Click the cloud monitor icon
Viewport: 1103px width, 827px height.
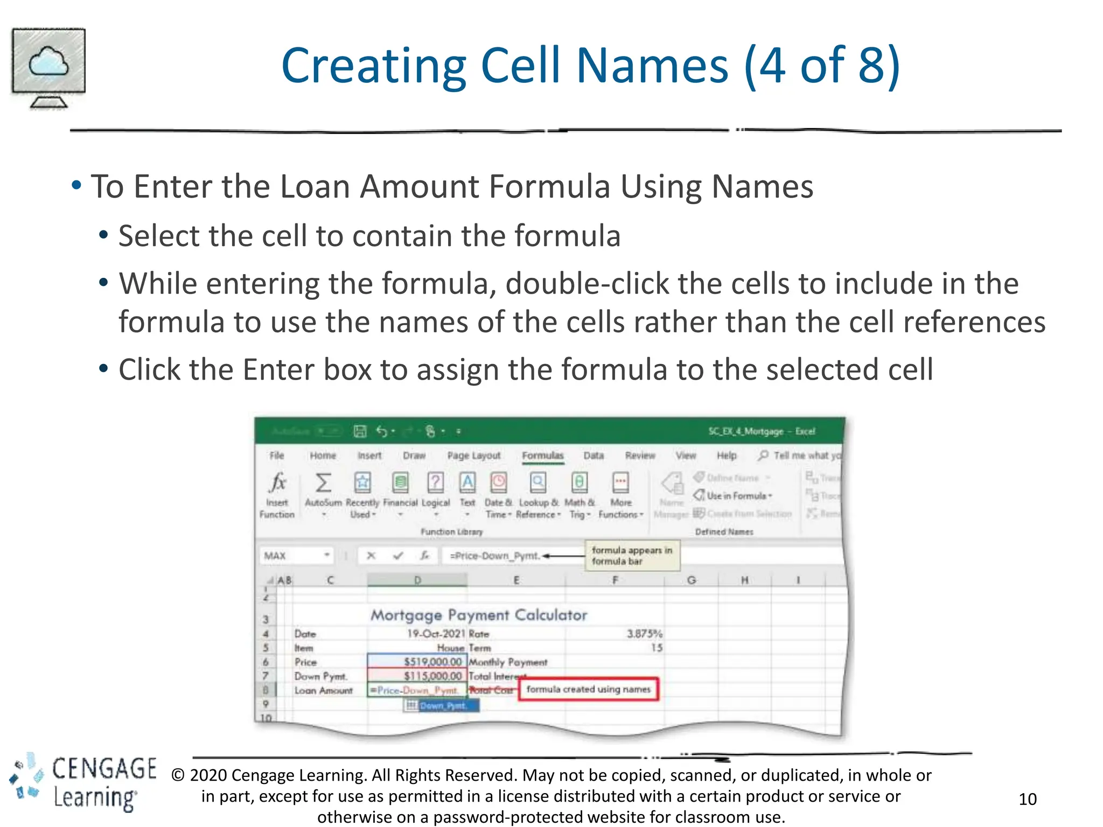[48, 68]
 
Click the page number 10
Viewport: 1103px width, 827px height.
[1027, 799]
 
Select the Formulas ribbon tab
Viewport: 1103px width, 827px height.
[542, 455]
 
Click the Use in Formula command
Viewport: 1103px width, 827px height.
[735, 496]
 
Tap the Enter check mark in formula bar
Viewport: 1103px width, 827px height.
[398, 556]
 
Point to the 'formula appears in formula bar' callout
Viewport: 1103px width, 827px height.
[632, 556]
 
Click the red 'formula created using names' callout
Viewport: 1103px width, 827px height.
[588, 689]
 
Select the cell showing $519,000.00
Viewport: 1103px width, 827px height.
[417, 662]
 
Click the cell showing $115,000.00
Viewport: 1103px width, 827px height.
[417, 676]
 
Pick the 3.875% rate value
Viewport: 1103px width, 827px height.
[644, 634]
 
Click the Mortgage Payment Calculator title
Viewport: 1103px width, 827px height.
[478, 615]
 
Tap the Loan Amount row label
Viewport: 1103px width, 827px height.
[324, 690]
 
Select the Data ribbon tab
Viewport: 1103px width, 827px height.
[594, 455]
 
